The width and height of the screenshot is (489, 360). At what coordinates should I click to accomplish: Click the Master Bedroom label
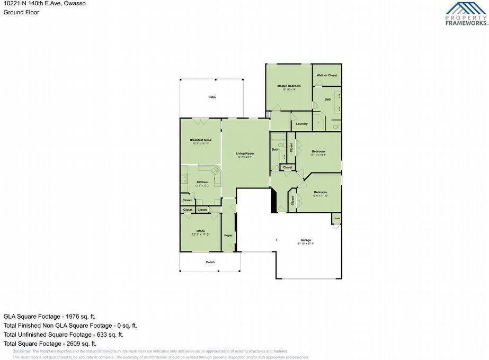coord(289,86)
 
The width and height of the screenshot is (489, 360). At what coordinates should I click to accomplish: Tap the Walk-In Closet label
coord(327,75)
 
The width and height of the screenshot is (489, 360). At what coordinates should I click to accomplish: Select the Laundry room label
coord(301,124)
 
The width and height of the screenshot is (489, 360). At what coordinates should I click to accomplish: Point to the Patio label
coord(212,97)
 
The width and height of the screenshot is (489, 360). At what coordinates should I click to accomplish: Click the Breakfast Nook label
coord(200,140)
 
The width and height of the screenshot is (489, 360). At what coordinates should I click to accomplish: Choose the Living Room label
coord(245,154)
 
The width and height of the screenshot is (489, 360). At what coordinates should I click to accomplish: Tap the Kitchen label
coord(202,182)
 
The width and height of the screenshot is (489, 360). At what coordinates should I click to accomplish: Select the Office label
coord(200,231)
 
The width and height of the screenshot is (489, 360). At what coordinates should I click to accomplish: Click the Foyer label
coord(228,235)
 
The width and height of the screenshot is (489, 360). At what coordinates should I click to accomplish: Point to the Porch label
coord(210,262)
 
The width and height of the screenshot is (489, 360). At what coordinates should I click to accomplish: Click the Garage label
coord(306,240)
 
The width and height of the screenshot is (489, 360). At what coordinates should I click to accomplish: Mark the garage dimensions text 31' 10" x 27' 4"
coord(306,244)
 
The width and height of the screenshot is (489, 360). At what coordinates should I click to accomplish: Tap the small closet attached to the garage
coord(336,218)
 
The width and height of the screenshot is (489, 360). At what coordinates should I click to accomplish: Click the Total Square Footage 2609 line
coord(50,344)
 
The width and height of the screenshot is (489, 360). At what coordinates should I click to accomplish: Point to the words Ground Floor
coord(21,12)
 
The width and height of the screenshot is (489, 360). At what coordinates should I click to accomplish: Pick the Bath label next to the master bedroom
coord(328,99)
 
